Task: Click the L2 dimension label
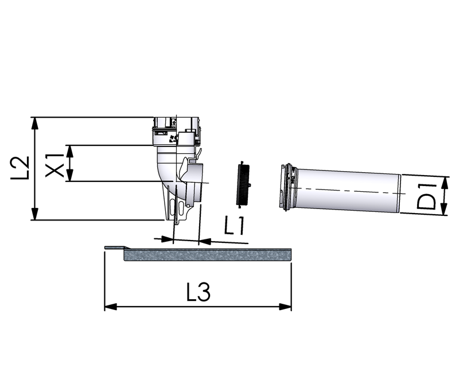tap(20, 168)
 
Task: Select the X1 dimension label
tap(55, 165)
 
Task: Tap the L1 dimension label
tap(234, 225)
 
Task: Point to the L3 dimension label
tap(199, 292)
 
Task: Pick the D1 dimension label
tap(426, 196)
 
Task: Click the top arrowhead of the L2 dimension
tap(35, 123)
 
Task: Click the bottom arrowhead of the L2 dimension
tap(35, 214)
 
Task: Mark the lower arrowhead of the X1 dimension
tap(69, 176)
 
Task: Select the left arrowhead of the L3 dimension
tap(111, 307)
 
